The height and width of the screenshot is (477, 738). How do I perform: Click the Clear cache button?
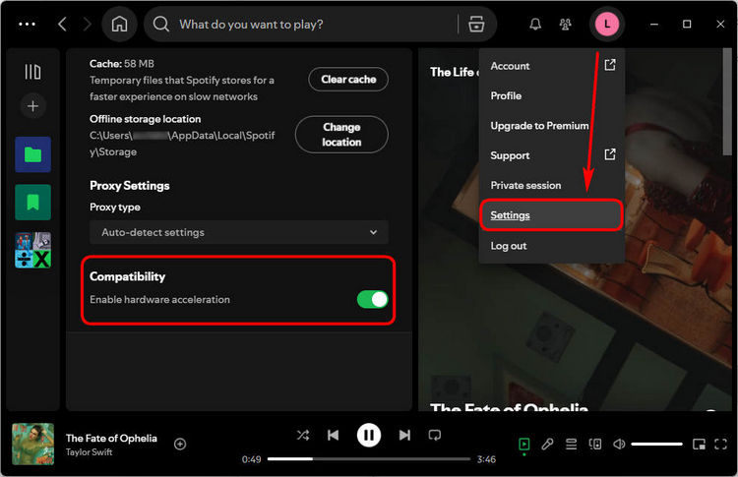(x=348, y=80)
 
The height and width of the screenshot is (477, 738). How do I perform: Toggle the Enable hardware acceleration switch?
(x=372, y=299)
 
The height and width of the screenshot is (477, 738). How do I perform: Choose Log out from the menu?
(x=509, y=246)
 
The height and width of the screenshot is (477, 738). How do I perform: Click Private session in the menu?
(x=525, y=185)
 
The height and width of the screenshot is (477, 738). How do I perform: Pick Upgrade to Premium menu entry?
(x=539, y=126)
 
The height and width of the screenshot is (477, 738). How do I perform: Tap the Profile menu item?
(x=506, y=96)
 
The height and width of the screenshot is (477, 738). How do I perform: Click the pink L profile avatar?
(x=608, y=24)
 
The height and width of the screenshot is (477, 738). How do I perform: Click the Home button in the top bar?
(x=120, y=24)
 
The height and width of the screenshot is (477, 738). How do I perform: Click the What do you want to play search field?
(x=295, y=24)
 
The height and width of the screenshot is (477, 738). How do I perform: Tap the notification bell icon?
(x=535, y=24)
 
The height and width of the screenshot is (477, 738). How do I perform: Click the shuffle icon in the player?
(x=302, y=435)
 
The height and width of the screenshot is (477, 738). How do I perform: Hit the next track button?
(x=404, y=435)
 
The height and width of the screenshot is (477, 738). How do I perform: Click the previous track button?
(x=334, y=435)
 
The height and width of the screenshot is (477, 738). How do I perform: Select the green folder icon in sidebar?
(x=32, y=154)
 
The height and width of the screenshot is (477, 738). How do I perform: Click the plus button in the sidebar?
(x=32, y=106)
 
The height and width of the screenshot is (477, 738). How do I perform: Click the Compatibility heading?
(x=128, y=276)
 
